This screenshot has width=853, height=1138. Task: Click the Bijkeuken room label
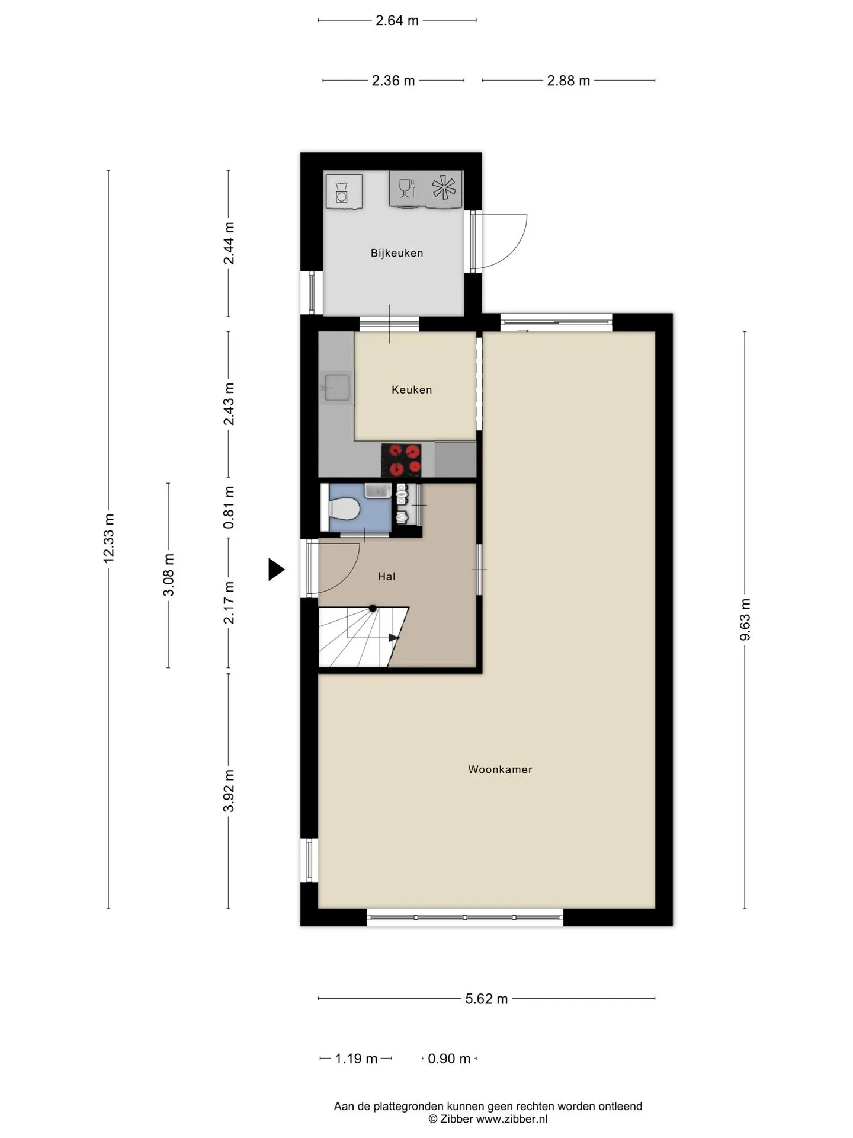[x=397, y=253]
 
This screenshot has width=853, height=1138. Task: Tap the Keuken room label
[x=412, y=389]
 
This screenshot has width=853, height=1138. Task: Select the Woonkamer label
[x=500, y=769]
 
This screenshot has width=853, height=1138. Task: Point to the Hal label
[x=387, y=576]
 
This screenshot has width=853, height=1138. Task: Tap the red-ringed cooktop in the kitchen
[x=401, y=460]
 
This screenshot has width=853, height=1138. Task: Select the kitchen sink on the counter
[x=336, y=388]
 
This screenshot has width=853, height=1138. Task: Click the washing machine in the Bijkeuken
[x=344, y=191]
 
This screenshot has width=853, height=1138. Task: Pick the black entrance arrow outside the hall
[x=276, y=569]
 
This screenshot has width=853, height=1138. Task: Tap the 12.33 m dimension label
[x=108, y=538]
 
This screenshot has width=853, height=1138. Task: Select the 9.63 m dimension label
[x=745, y=619]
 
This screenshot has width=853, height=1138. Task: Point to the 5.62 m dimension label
[x=486, y=999]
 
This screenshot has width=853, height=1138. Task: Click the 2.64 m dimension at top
[x=397, y=21]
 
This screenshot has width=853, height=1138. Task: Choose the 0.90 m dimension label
[x=449, y=1059]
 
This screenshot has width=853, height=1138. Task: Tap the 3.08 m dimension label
[x=169, y=575]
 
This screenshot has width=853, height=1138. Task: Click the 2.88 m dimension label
[x=568, y=81]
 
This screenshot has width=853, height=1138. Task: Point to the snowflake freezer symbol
[x=444, y=188]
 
